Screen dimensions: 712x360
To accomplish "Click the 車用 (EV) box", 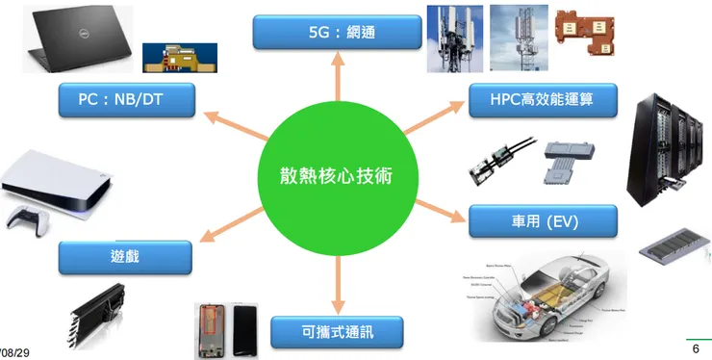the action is [x=542, y=222].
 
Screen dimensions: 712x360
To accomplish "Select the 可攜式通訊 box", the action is [x=336, y=333].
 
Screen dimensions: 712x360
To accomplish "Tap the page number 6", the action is [x=696, y=348].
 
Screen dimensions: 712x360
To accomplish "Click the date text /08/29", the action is [x=13, y=354].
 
